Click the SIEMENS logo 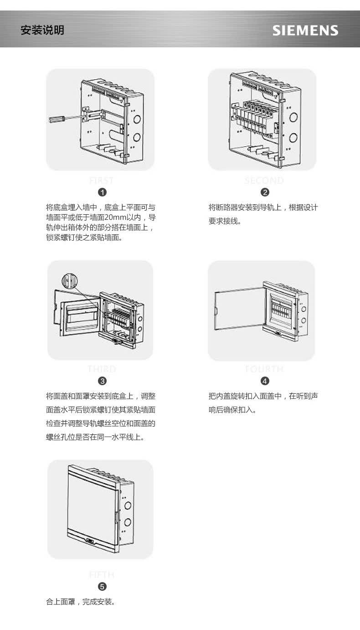[305, 31]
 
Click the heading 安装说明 [42, 31]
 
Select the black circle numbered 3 [103, 381]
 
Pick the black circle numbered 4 [265, 381]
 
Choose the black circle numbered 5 [103, 586]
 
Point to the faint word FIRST [102, 181]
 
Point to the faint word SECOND [264, 181]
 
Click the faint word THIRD [102, 369]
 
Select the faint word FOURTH [264, 369]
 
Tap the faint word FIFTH [102, 575]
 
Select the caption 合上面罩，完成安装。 [81, 602]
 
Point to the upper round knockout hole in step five [128, 505]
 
